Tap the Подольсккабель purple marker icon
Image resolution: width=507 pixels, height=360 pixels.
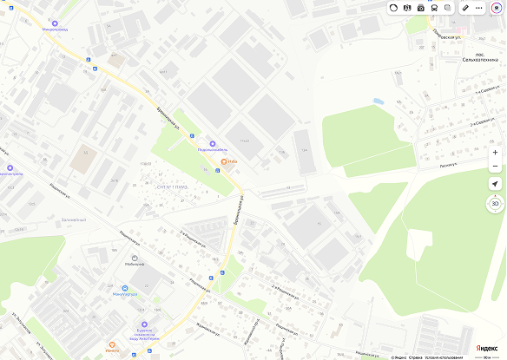(x=213, y=143)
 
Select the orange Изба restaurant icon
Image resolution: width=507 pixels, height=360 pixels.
(x=224, y=161)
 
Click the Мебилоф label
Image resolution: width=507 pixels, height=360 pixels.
(x=135, y=265)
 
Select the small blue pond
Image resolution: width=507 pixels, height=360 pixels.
(x=379, y=101)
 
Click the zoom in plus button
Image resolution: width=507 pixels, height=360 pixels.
(x=495, y=153)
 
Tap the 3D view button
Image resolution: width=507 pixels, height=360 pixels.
(x=495, y=204)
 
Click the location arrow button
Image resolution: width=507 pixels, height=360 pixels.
(x=495, y=184)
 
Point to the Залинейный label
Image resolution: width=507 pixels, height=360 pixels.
(x=73, y=219)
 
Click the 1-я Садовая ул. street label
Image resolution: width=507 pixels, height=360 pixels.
(x=487, y=89)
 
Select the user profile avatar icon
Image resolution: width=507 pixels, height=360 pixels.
(x=497, y=7)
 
